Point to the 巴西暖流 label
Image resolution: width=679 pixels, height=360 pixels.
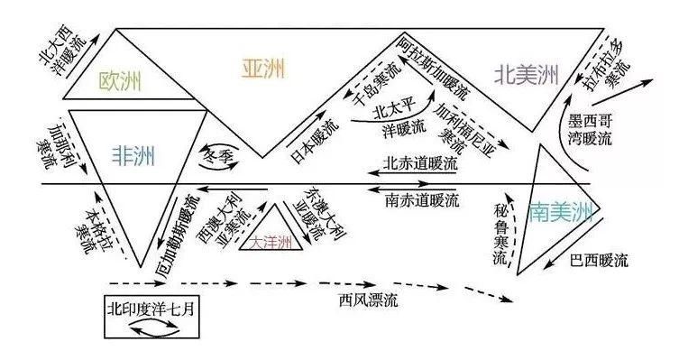[x=598, y=262]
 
